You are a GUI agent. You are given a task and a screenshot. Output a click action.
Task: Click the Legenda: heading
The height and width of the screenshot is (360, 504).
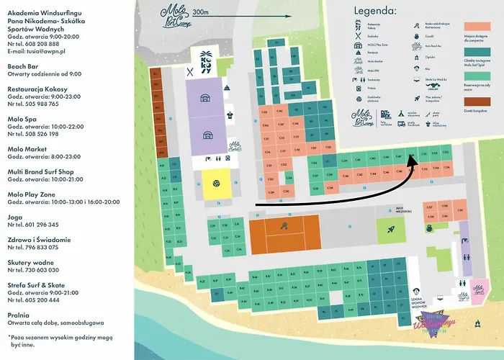(x=375, y=11)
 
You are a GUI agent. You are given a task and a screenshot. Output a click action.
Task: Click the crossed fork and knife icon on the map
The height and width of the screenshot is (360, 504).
(x=190, y=71)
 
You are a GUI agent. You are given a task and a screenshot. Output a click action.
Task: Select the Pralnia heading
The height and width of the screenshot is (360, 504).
(x=21, y=315)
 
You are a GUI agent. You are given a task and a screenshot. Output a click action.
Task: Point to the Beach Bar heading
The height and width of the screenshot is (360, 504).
(x=25, y=65)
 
